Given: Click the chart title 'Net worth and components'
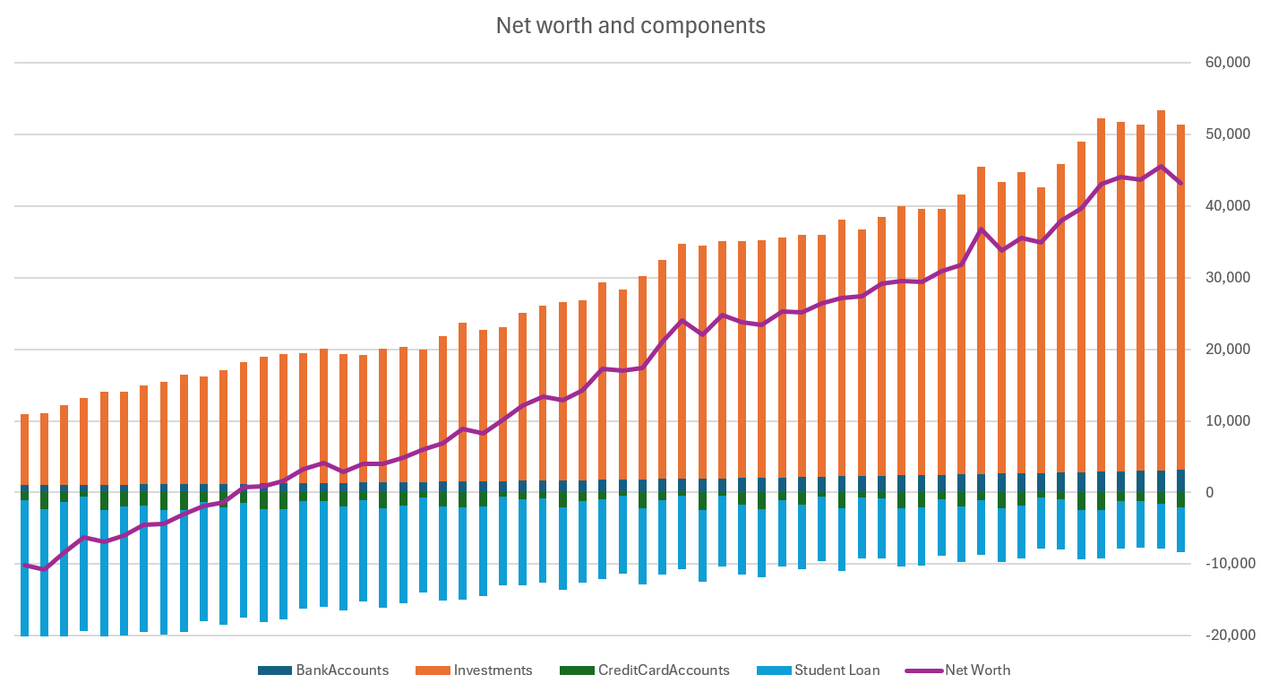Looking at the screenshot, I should click(x=630, y=26).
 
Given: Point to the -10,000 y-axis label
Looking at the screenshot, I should click(x=1222, y=564).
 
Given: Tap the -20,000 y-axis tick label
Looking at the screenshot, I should click(x=1222, y=636).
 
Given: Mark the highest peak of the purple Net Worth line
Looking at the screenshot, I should click(x=1161, y=167).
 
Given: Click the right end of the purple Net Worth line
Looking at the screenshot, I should click(x=1180, y=183).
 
